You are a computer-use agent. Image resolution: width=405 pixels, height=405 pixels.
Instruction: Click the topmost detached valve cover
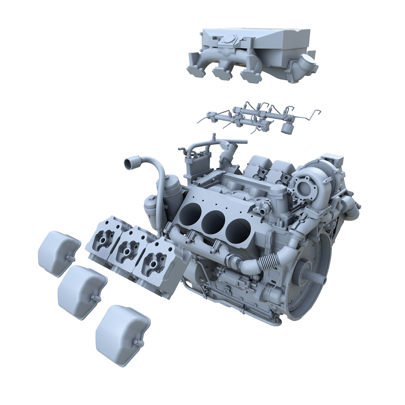click(58, 253)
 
